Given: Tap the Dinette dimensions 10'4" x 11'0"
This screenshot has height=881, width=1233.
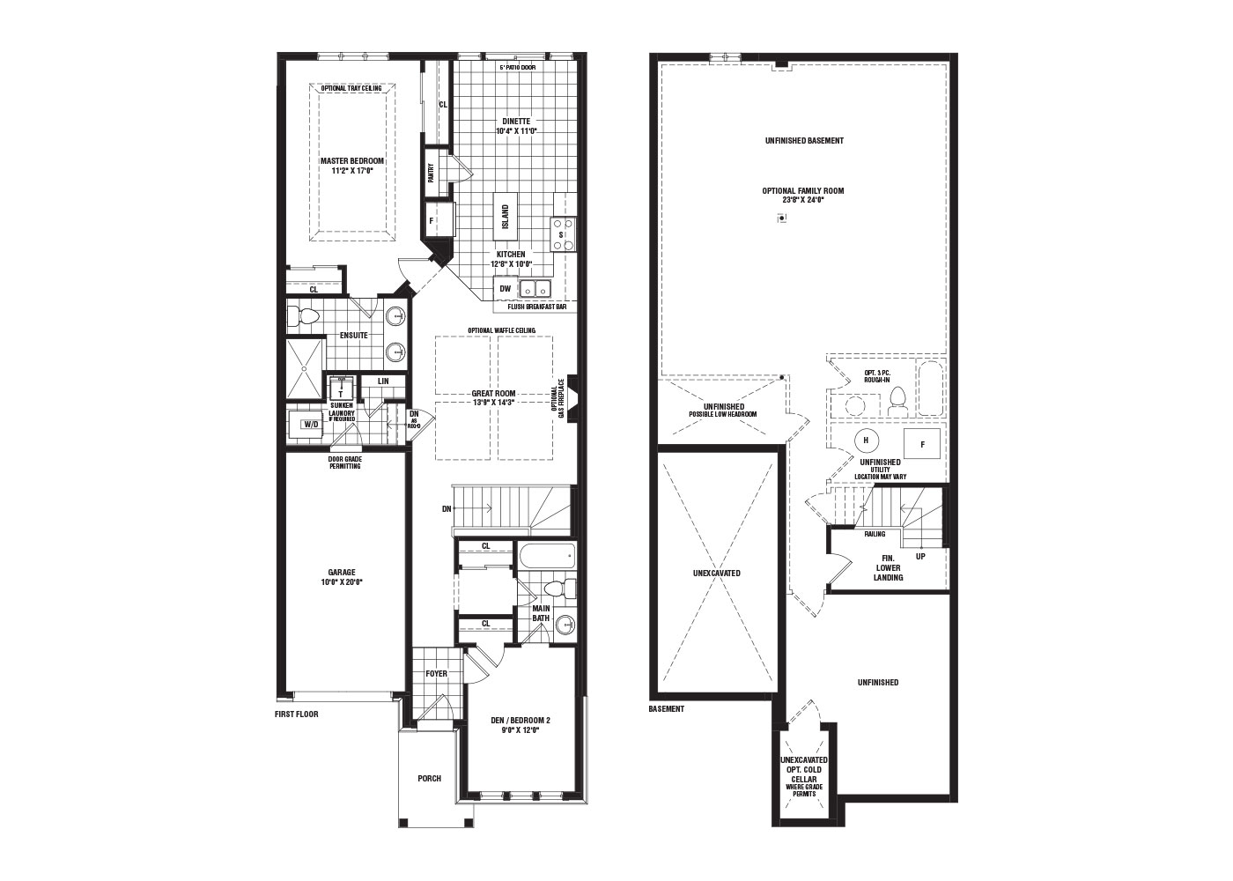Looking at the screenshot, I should coord(516,131).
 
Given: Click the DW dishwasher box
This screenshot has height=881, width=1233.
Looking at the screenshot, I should coord(506,288).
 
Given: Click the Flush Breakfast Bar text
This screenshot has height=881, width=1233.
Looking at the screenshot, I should coord(536,307).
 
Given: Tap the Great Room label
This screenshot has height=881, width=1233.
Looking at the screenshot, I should coord(493,394).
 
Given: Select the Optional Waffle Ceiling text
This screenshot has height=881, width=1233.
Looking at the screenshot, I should coord(501,330).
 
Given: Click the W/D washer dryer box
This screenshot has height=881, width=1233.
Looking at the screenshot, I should coord(310,424).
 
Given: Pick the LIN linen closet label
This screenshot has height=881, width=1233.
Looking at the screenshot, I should coord(383,381).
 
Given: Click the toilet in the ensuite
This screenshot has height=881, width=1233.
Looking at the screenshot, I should coord(305,317).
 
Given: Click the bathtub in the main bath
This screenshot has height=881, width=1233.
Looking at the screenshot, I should coord(546,557).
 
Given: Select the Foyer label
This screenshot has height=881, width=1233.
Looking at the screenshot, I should coord(436,674).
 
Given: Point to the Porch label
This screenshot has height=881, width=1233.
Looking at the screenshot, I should coord(429,779).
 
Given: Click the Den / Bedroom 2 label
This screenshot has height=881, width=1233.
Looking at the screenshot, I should coord(520,720).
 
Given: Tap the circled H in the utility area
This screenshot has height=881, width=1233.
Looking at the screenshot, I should coord(866,440).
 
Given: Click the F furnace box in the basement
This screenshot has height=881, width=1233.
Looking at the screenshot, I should coord(922,444).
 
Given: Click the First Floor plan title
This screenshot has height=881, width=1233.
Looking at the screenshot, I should coord(296,714).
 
